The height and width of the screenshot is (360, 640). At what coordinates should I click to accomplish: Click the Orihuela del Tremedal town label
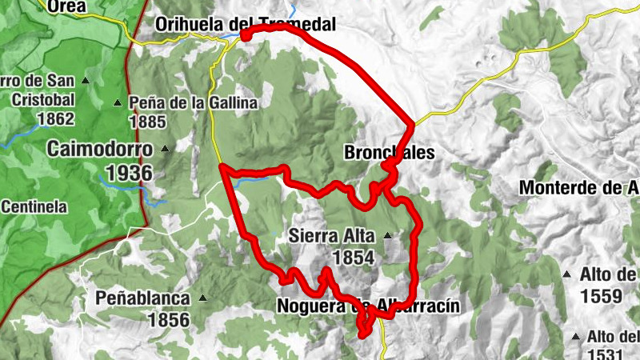pyautogui.click(x=245, y=24)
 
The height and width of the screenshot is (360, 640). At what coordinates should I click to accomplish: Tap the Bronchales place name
pyautogui.click(x=389, y=152)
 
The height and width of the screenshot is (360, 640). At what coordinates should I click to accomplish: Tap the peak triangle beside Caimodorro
pyautogui.click(x=166, y=148)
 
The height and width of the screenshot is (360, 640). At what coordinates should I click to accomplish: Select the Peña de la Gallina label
pyautogui.click(x=193, y=102)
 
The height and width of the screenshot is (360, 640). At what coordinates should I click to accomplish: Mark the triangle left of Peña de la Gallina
pyautogui.click(x=118, y=102)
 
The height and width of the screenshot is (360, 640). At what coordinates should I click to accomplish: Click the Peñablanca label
pyautogui.click(x=143, y=298)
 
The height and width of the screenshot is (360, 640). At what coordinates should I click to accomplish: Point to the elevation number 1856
pyautogui.click(x=168, y=320)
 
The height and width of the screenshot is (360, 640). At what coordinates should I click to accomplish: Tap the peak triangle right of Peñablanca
pyautogui.click(x=202, y=298)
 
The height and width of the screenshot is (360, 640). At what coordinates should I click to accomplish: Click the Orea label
pyautogui.click(x=66, y=6)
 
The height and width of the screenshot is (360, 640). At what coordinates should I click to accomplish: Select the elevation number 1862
pyautogui.click(x=55, y=119)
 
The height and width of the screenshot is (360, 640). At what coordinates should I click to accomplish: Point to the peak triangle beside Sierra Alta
pyautogui.click(x=388, y=236)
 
